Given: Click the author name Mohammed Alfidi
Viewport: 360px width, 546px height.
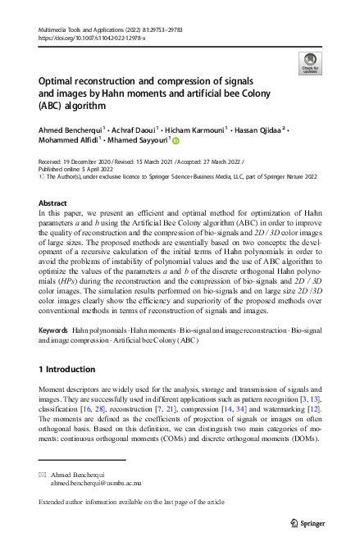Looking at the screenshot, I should coord(66,140).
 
